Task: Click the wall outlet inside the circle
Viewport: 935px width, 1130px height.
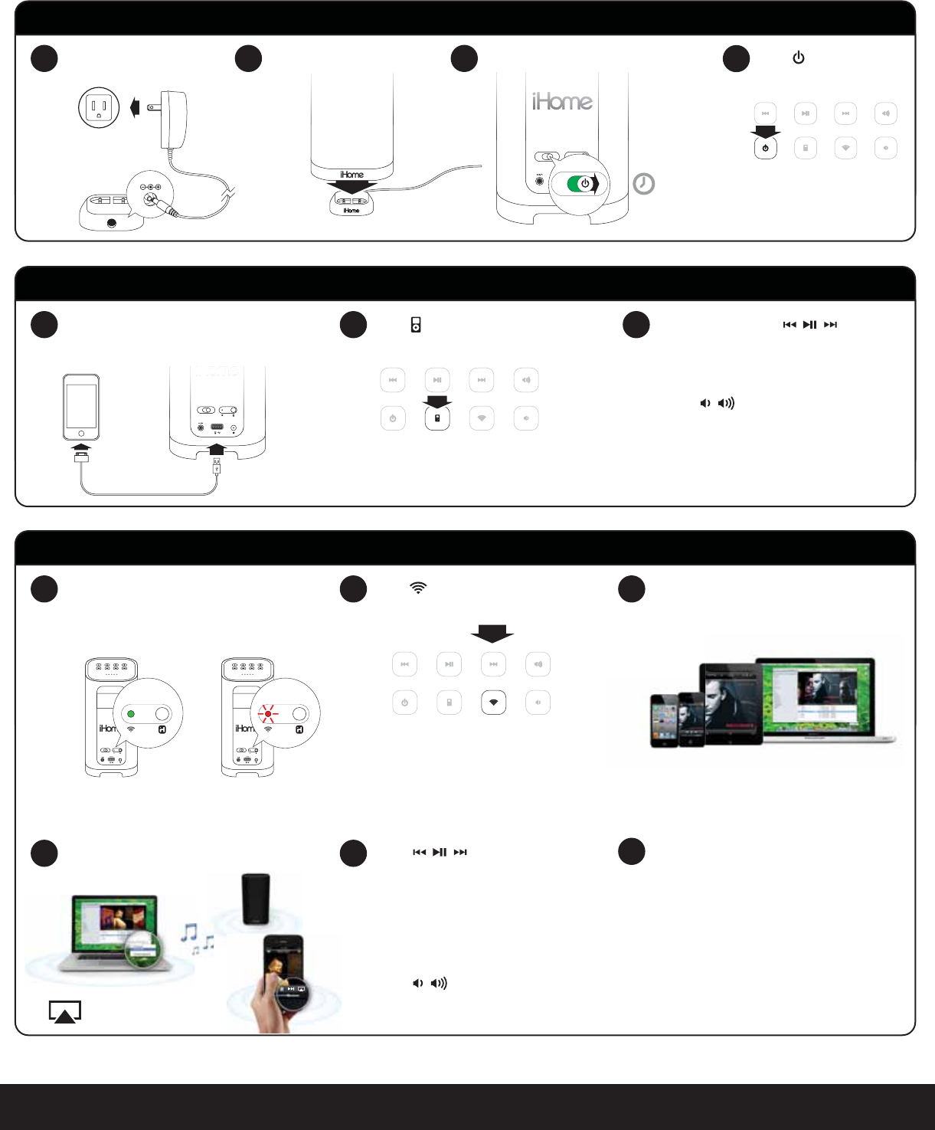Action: tap(99, 107)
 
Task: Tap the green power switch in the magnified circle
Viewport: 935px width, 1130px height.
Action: tap(584, 184)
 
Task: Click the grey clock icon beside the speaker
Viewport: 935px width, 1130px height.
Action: tap(644, 184)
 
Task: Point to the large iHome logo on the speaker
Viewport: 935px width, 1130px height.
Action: tap(563, 101)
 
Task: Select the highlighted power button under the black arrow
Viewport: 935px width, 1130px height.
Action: tap(766, 148)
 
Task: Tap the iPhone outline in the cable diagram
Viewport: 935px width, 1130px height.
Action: tap(81, 406)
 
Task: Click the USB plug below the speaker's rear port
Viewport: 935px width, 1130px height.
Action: tap(217, 465)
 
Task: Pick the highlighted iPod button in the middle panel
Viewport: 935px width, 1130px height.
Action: tap(437, 418)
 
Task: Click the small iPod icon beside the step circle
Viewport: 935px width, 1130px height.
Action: tap(416, 325)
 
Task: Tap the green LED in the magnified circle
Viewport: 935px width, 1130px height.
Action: tap(131, 714)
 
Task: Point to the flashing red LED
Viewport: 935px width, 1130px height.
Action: tap(267, 714)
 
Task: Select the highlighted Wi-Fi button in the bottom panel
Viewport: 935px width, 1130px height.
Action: tap(494, 703)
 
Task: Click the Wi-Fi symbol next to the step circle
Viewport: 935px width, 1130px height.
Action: tap(418, 588)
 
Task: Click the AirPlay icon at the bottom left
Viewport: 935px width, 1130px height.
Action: tap(65, 1011)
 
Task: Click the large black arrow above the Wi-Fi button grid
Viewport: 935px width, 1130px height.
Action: tap(492, 634)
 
